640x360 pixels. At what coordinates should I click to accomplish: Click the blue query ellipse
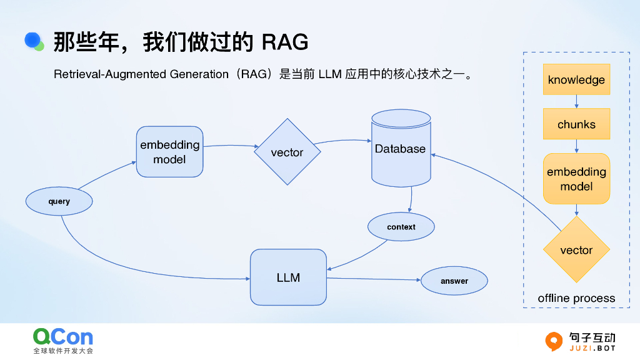click(59, 202)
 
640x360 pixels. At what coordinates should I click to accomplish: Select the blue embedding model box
click(170, 152)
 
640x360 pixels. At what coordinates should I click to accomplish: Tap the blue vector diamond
click(287, 152)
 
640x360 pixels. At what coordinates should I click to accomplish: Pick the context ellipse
click(401, 227)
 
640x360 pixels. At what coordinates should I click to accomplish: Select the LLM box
click(288, 277)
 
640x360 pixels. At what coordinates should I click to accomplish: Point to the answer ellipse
click(454, 281)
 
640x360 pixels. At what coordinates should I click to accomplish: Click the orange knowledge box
click(576, 80)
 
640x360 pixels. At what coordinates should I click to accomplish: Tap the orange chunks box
click(576, 124)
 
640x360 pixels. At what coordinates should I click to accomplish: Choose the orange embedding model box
click(576, 179)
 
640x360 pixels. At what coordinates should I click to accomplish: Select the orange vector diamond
click(576, 250)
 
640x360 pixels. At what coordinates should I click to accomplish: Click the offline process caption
click(576, 299)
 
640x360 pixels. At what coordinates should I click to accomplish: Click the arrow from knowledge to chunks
click(576, 102)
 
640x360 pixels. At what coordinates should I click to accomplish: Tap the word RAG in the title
click(284, 42)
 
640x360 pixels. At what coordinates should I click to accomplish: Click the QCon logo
click(63, 337)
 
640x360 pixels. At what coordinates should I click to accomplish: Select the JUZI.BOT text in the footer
click(592, 347)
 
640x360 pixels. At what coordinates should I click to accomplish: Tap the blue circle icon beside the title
click(32, 40)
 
